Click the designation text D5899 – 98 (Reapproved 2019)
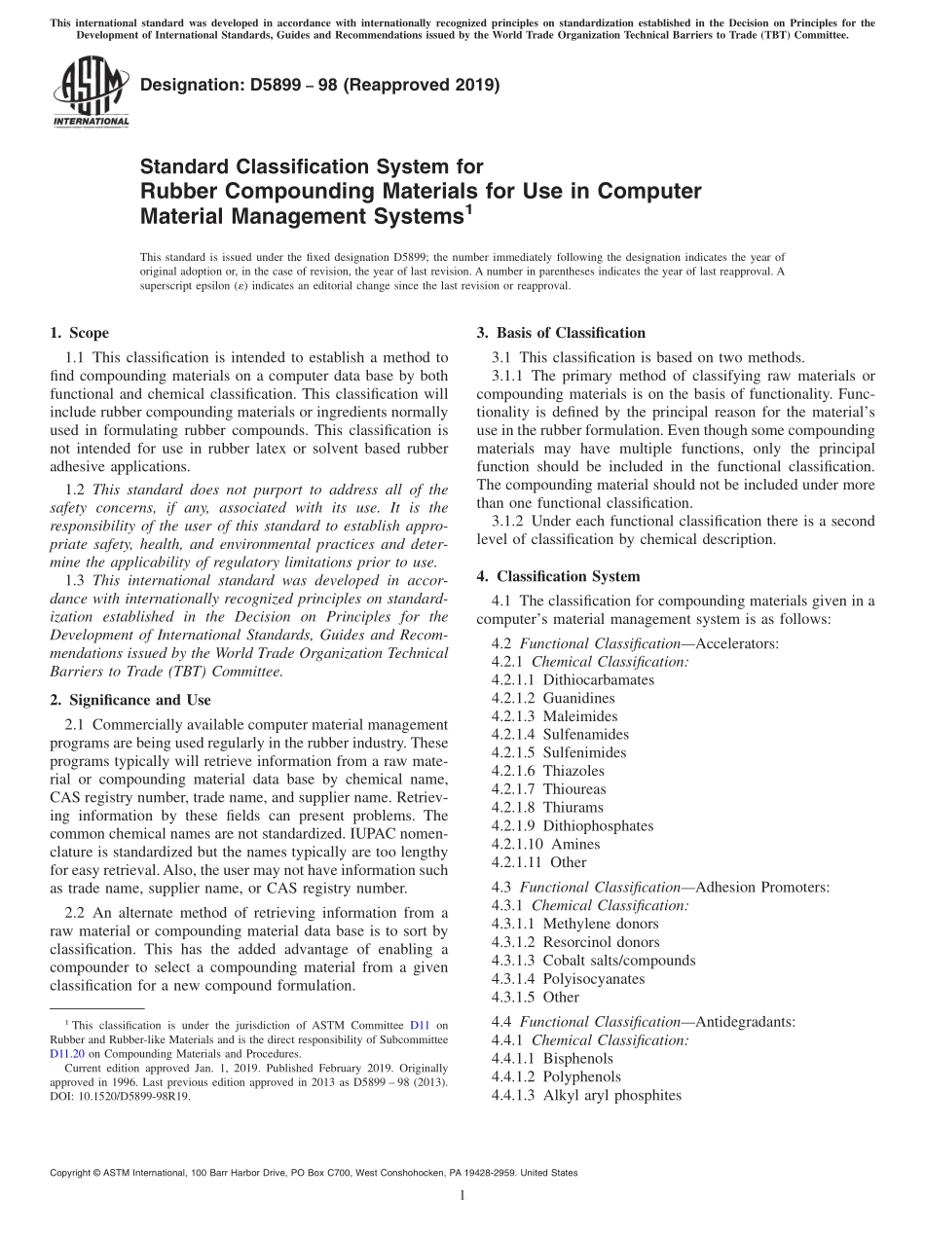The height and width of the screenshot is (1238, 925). [320, 86]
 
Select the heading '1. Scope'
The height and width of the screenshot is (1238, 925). [79, 333]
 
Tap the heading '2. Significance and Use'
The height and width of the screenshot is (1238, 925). [129, 700]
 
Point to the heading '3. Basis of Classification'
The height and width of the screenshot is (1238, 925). [561, 333]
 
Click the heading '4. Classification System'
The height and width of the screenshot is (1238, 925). [558, 576]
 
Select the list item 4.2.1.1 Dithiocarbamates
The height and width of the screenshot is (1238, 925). [573, 679]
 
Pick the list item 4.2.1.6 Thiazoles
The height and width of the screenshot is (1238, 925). [547, 771]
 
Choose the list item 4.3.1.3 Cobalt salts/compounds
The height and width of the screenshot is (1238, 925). [593, 961]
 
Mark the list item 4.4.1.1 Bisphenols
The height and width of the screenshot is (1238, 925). [552, 1058]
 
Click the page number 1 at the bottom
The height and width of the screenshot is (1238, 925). [462, 1196]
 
